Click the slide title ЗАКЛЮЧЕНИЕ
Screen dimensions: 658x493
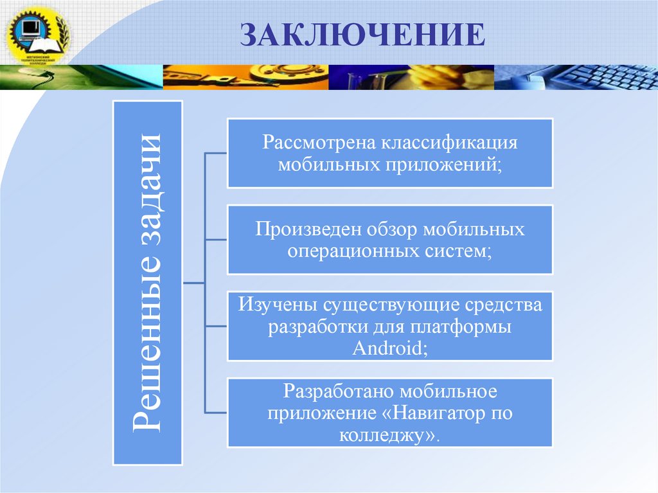[362, 35]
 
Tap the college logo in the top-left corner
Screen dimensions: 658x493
[35, 34]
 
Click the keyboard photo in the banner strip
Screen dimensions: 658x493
[591, 77]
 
